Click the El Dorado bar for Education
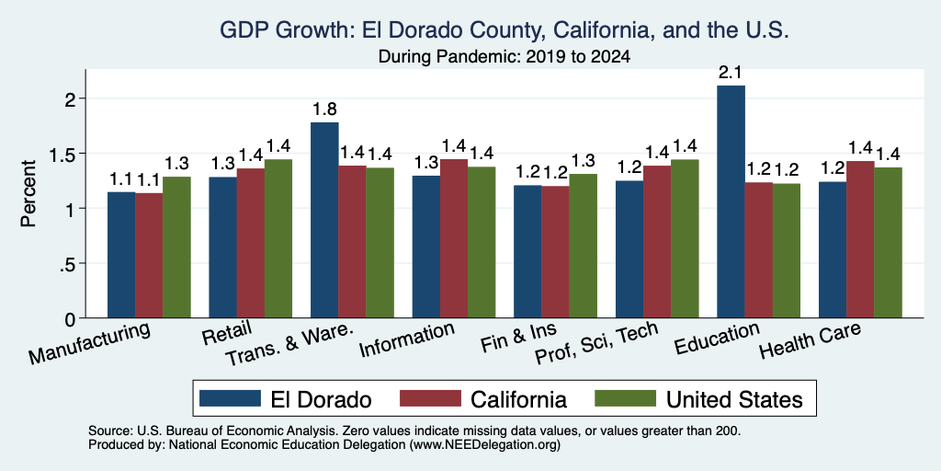pyautogui.click(x=731, y=201)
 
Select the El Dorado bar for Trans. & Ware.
pyautogui.click(x=324, y=220)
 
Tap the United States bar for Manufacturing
pyautogui.click(x=176, y=247)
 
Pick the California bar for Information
pyautogui.click(x=454, y=238)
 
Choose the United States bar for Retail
pyautogui.click(x=278, y=238)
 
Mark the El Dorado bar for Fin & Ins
pyautogui.click(x=527, y=252)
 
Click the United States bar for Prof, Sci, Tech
pyautogui.click(x=685, y=238)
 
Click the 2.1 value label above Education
pyautogui.click(x=731, y=74)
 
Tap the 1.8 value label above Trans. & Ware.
pyautogui.click(x=324, y=109)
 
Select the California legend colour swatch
pyautogui.click(x=430, y=398)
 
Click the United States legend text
pyautogui.click(x=734, y=399)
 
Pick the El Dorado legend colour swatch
pyautogui.click(x=230, y=398)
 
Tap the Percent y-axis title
pyautogui.click(x=28, y=193)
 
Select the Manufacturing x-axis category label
pyautogui.click(x=89, y=343)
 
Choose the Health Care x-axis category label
pyautogui.click(x=811, y=340)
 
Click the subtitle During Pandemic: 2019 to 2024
pyautogui.click(x=505, y=57)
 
